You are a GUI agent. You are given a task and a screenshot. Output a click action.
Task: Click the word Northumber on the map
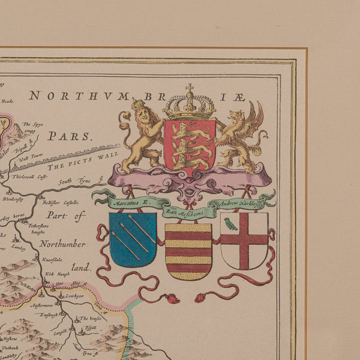tap(63, 244)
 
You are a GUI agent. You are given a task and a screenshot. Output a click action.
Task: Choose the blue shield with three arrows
tap(133, 239)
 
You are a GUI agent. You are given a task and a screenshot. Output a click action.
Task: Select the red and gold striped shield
tap(188, 251)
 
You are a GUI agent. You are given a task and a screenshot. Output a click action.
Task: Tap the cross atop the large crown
tap(190, 89)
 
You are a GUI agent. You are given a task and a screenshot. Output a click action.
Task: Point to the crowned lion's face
tap(139, 114)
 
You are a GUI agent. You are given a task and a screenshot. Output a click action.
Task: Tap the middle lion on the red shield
tap(189, 145)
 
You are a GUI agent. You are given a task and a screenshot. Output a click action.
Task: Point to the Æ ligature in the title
tap(239, 95)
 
